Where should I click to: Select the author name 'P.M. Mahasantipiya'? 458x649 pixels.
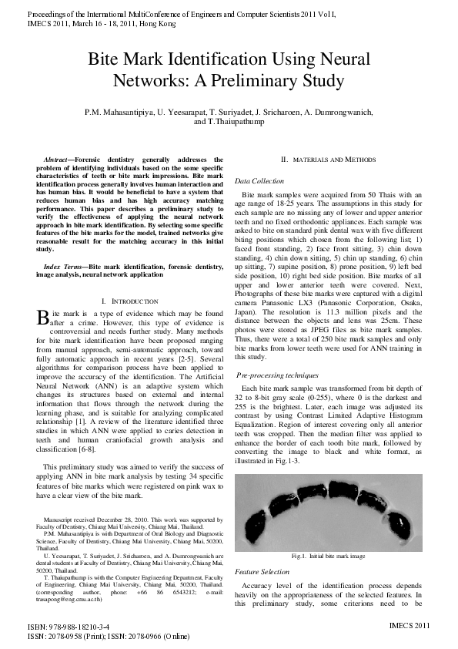[x=119, y=112]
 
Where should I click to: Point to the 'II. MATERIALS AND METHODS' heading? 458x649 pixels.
[x=328, y=159]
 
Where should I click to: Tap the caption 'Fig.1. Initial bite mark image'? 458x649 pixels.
[x=328, y=556]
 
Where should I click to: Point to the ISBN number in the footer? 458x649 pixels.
[x=69, y=628]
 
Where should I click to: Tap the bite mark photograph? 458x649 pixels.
[x=328, y=512]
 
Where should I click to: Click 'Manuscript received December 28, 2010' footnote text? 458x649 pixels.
[x=98, y=522]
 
